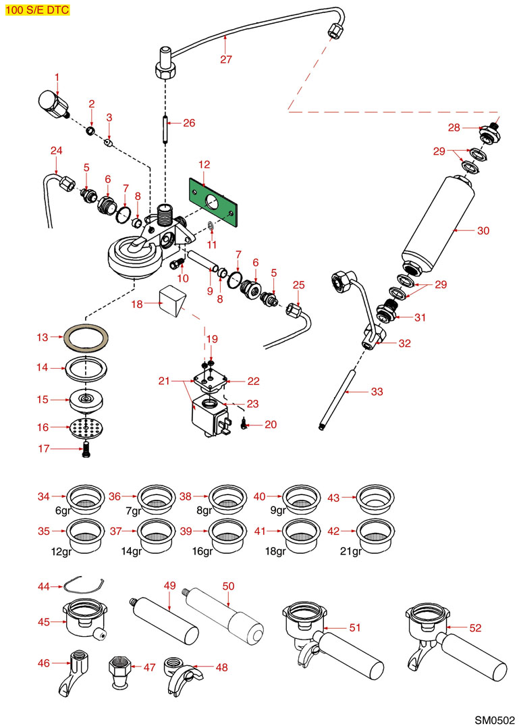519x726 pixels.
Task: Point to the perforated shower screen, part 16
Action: click(x=85, y=428)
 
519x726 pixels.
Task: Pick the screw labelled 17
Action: click(x=85, y=450)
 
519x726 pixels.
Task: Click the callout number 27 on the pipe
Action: click(x=225, y=59)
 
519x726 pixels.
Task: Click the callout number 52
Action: click(x=475, y=627)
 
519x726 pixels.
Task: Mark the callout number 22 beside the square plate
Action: click(x=253, y=381)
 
